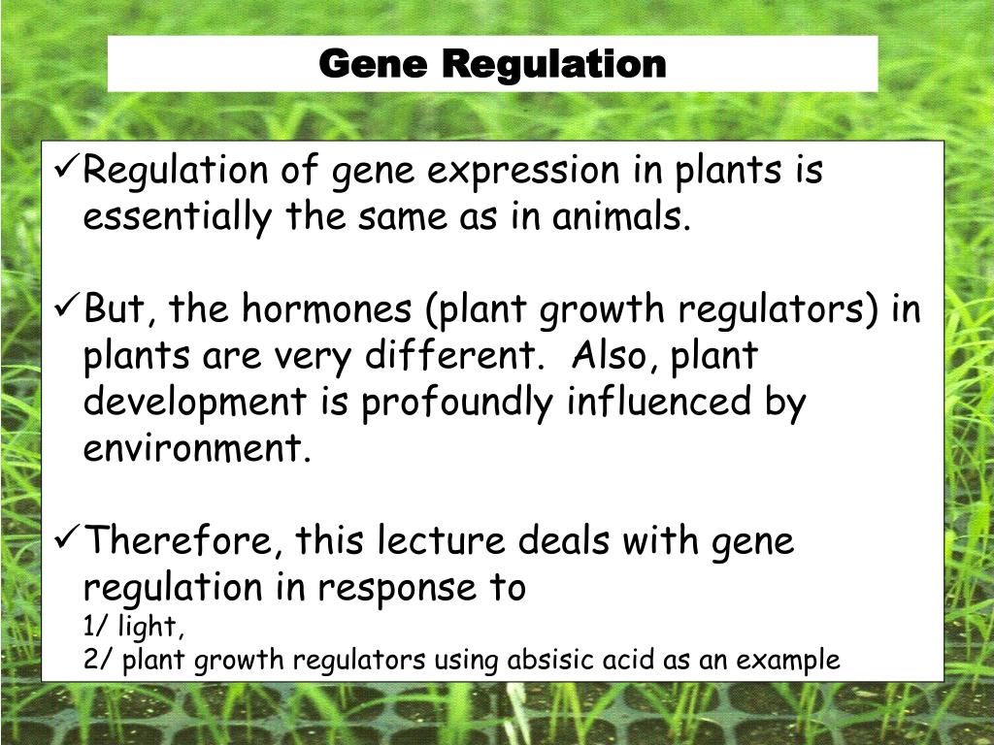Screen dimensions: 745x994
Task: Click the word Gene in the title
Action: pyautogui.click(x=373, y=65)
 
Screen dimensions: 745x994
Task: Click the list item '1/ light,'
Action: pyautogui.click(x=134, y=630)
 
